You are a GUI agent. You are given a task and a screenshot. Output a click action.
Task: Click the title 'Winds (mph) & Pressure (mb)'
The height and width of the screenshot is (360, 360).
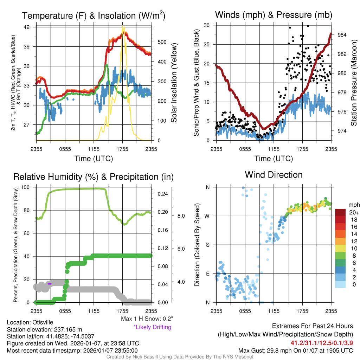click(274, 15)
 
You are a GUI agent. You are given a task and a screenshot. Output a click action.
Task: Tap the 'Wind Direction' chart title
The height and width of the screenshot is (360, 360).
click(274, 175)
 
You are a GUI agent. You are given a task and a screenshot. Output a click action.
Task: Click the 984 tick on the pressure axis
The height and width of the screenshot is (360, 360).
click(342, 35)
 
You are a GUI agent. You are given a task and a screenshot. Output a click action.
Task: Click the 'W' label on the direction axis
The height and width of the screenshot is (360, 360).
click(207, 216)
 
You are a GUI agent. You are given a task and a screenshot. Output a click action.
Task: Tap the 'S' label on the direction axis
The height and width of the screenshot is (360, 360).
click(207, 245)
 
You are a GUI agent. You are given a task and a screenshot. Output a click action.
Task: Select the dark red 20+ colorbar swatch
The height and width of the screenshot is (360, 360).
click(341, 212)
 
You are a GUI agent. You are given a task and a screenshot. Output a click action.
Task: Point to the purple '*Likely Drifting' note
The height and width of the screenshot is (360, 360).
click(152, 327)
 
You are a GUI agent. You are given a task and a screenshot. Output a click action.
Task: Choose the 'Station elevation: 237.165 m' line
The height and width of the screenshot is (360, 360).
click(44, 329)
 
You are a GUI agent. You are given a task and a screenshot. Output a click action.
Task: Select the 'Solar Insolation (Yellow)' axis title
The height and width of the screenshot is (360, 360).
click(174, 83)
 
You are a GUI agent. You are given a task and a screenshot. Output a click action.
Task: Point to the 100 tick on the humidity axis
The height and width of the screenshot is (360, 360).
click(26, 187)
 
